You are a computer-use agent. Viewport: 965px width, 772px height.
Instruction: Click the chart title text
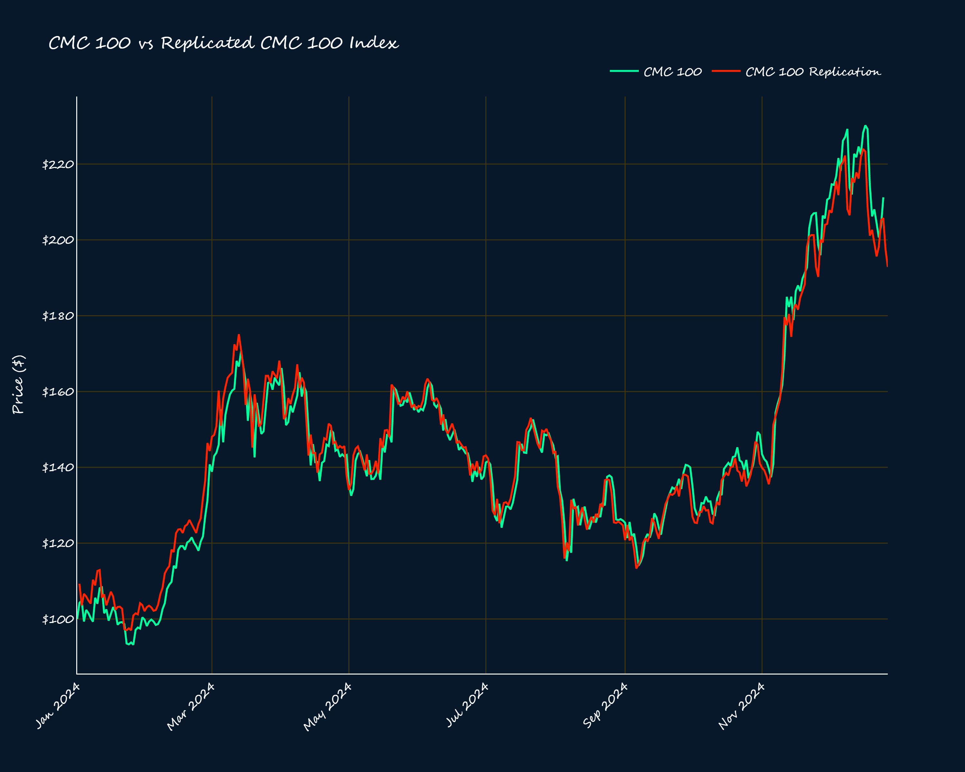[223, 43]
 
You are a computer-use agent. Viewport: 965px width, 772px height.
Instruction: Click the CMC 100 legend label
[672, 72]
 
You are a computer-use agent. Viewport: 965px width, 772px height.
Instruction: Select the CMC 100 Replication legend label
[813, 72]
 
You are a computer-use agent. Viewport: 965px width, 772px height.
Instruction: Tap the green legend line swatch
[624, 71]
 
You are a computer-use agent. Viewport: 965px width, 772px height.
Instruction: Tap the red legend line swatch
[726, 71]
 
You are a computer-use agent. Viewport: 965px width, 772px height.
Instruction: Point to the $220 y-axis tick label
[58, 164]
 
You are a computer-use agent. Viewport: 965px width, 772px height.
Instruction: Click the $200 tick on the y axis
[58, 240]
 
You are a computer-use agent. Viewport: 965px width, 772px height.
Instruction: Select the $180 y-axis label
[58, 316]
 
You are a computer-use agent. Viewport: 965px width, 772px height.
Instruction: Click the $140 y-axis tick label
[58, 467]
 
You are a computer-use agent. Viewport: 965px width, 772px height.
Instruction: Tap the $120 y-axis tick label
[58, 543]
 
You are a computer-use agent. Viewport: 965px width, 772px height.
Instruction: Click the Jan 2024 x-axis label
[58, 706]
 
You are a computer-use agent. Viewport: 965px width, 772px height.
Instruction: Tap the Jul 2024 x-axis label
[467, 705]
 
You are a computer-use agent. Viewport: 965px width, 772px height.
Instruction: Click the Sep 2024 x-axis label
[605, 705]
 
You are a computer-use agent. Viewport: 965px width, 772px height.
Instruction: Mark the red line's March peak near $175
[239, 335]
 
